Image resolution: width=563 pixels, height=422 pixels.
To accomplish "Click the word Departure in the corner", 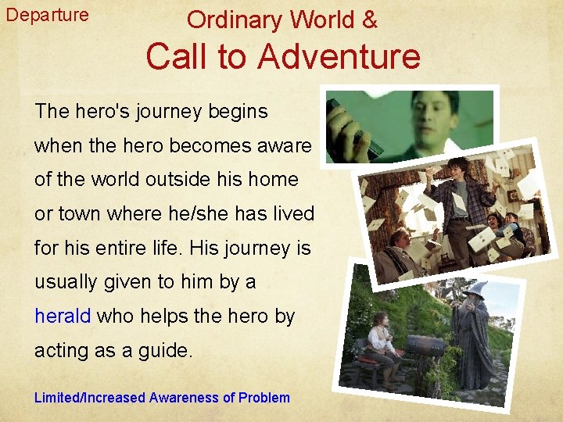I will [x=47, y=15].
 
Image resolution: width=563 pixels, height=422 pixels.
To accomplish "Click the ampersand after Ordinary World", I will [x=368, y=20].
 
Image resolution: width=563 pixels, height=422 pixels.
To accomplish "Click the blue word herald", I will [x=63, y=316].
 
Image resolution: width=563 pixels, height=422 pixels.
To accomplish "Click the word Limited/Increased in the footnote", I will [x=90, y=398].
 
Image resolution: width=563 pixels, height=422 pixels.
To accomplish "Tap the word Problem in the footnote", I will [x=264, y=398].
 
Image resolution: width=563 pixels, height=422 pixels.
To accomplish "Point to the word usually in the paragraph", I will [x=66, y=282].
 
